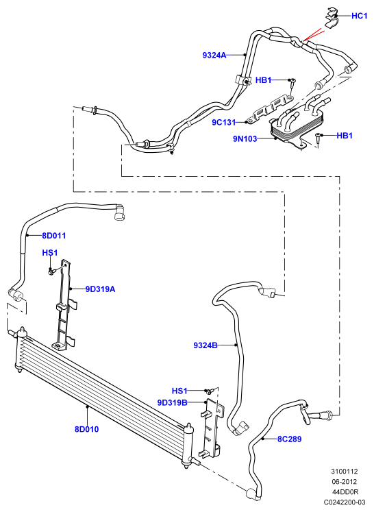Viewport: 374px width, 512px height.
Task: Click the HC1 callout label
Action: [x=360, y=16]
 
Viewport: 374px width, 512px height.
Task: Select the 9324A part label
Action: [x=214, y=56]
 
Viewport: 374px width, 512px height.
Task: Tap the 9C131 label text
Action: [x=223, y=123]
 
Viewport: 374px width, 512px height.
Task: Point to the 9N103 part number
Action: [x=245, y=138]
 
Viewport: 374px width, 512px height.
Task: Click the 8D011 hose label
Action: [x=54, y=235]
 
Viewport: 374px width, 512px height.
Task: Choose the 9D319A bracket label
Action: [x=100, y=289]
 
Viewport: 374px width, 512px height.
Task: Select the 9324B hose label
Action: [x=205, y=345]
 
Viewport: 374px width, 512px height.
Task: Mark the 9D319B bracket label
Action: [x=173, y=402]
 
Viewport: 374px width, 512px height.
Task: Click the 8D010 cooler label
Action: [x=87, y=429]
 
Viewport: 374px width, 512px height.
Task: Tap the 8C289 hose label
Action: [x=290, y=439]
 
